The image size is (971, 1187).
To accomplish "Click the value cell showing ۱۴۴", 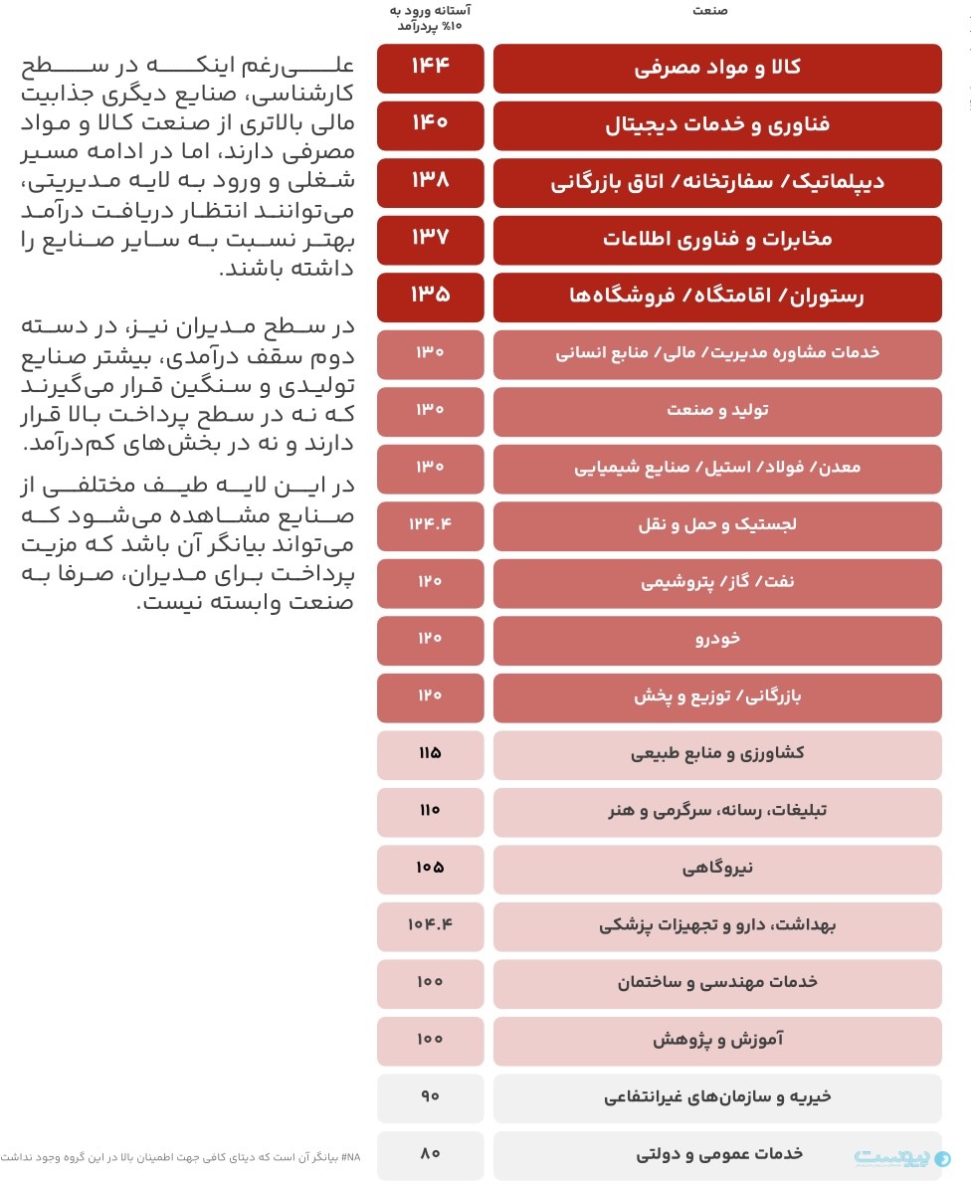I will (x=430, y=68).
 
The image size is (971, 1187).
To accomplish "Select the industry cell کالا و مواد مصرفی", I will (x=717, y=68).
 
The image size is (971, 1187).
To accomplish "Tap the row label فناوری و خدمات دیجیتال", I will (x=717, y=125).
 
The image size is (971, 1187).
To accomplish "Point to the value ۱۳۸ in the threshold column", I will (x=430, y=182).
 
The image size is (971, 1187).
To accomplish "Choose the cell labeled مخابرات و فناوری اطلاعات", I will (x=717, y=240).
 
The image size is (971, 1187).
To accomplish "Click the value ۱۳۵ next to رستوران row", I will (x=430, y=297).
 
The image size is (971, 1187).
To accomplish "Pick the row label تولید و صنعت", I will (x=717, y=410).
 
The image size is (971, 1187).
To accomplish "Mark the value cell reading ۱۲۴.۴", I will (x=430, y=524).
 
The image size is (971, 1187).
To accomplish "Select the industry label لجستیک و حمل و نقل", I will (x=717, y=524).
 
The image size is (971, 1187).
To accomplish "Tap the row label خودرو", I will (x=717, y=639).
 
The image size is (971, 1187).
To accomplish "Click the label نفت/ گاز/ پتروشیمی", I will (x=717, y=582).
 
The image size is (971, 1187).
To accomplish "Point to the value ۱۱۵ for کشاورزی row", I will (x=430, y=753).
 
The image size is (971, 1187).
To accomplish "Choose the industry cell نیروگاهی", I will (x=717, y=868).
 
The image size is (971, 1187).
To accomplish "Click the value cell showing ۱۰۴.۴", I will (x=430, y=925).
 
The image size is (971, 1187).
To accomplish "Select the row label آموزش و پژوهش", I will (x=717, y=1040).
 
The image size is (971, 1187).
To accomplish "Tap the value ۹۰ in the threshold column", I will (x=430, y=1096).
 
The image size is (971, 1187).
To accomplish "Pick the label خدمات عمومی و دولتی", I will (x=717, y=1154).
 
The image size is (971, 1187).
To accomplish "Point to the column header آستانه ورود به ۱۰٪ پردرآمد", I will (x=430, y=17).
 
